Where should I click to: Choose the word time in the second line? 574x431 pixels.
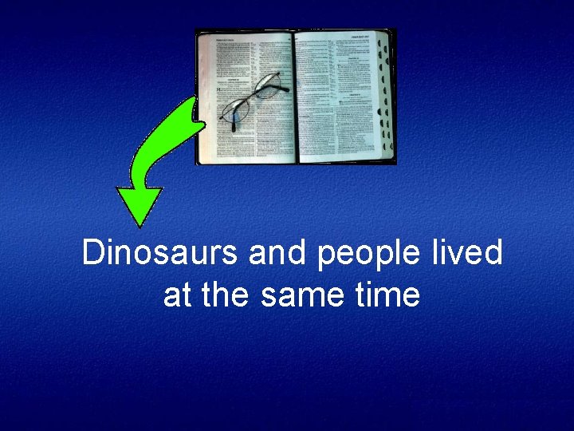click(390, 295)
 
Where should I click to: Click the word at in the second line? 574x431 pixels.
click(177, 295)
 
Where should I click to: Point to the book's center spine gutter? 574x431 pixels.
click(294, 96)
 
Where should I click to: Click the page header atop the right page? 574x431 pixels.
click(362, 38)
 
